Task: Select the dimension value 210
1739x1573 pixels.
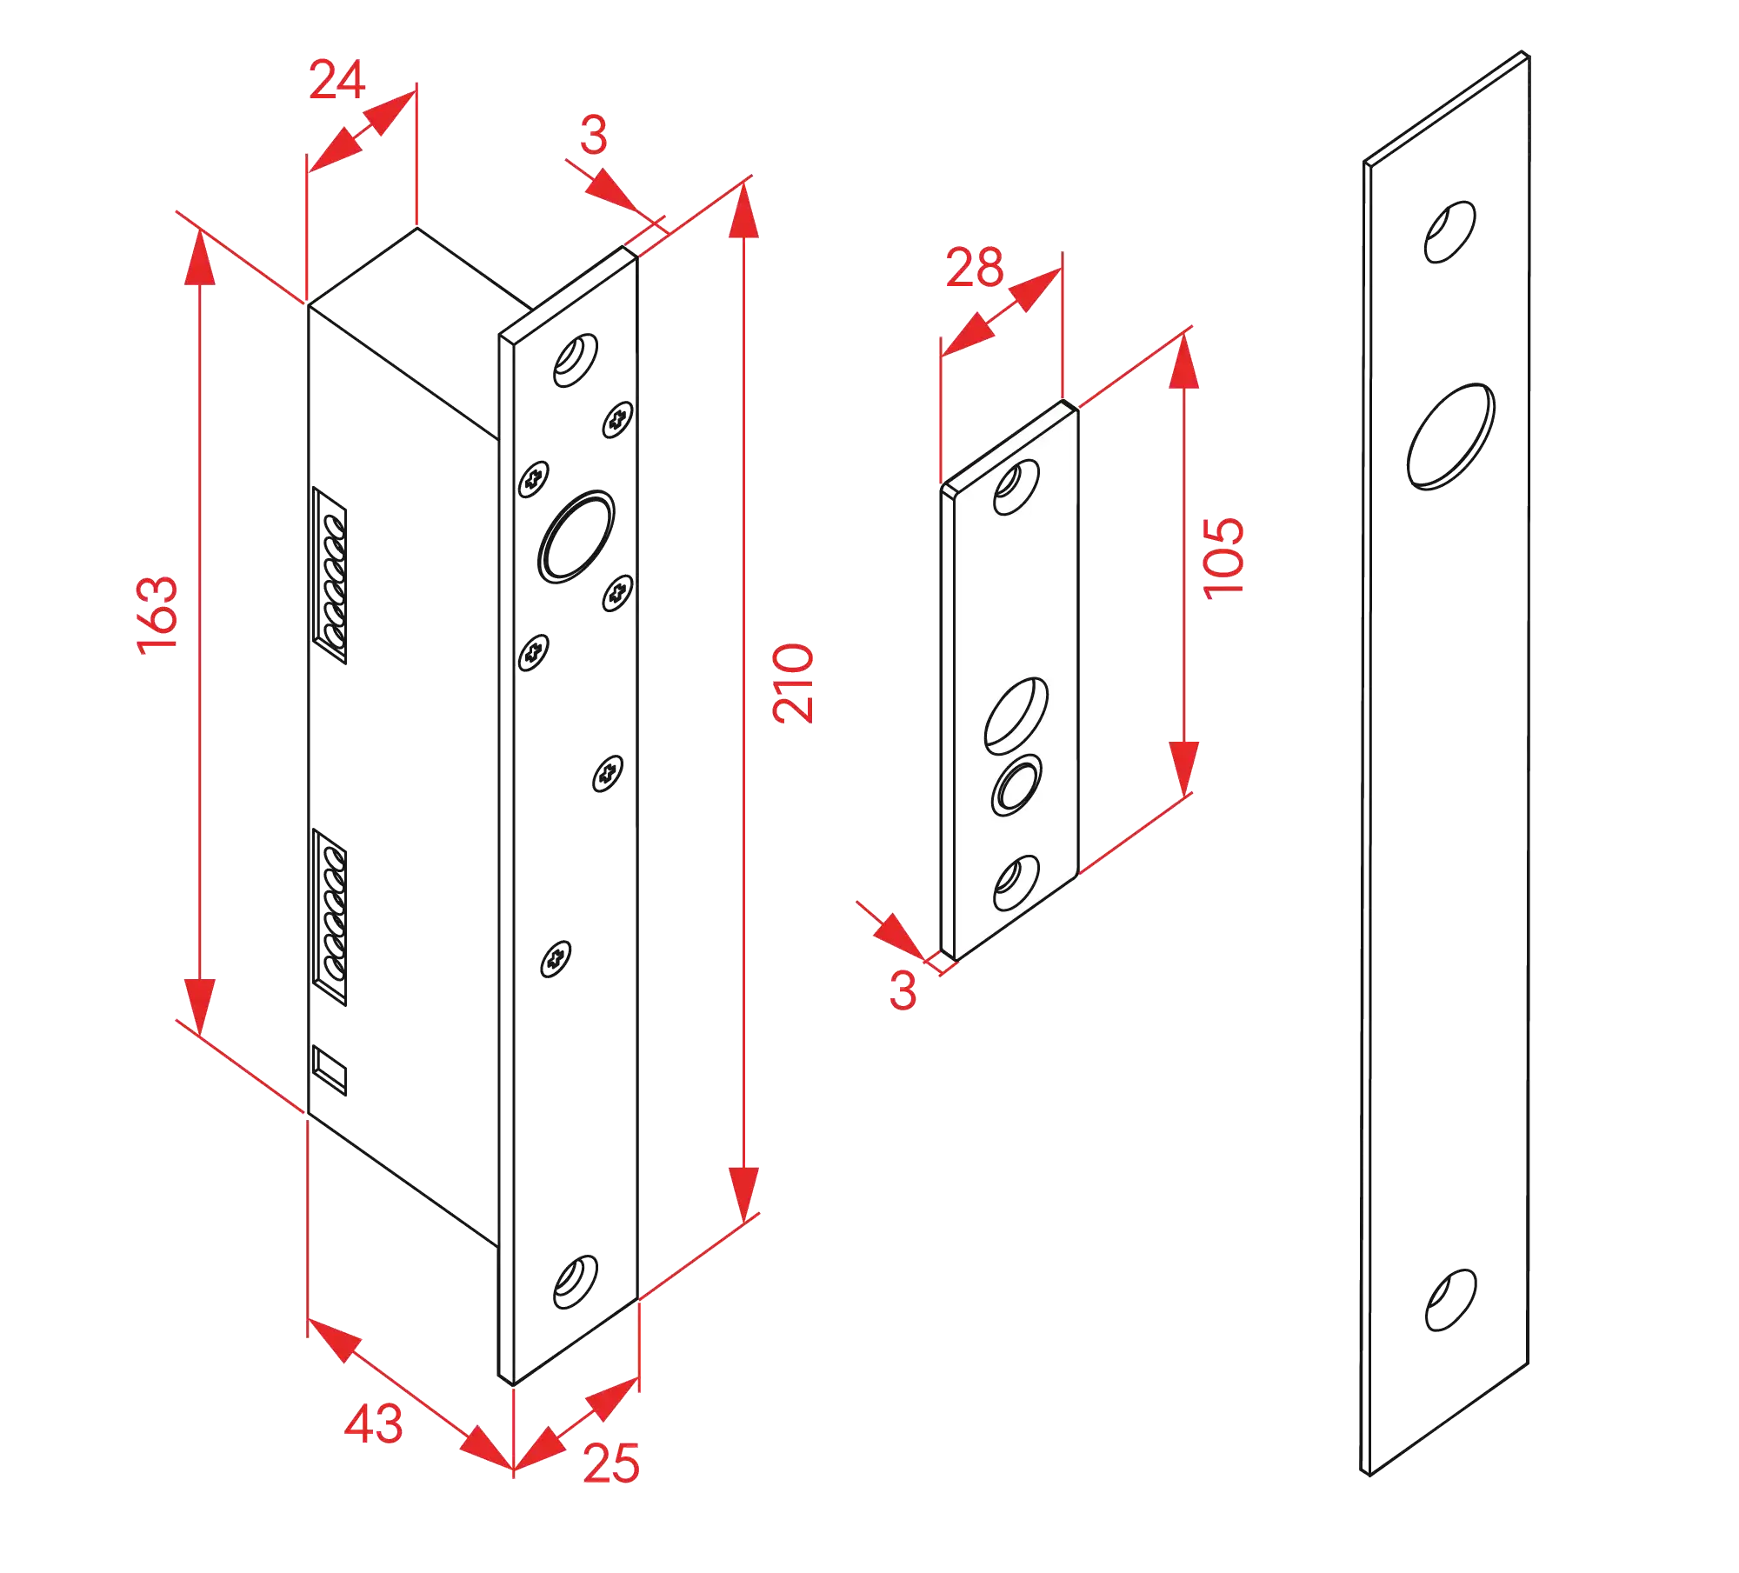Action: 794,683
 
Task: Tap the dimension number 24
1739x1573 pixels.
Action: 336,81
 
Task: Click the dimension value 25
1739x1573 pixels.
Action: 611,1463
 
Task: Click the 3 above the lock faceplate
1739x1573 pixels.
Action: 594,136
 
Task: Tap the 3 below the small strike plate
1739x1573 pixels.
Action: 903,990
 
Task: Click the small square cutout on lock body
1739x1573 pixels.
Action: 330,1070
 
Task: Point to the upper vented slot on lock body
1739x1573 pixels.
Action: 331,577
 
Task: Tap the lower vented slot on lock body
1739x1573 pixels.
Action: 331,918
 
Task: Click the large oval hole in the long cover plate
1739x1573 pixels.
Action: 1450,437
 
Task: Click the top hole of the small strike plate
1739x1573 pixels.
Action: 1016,487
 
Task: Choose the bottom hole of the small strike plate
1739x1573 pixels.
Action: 1016,883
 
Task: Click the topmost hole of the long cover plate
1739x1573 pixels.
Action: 1449,231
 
